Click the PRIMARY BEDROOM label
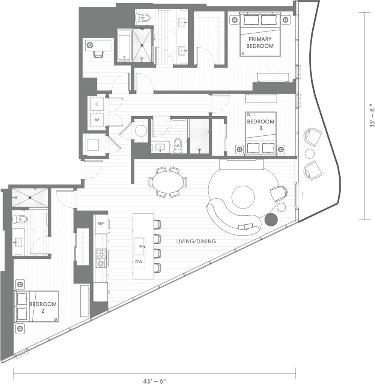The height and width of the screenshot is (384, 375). [x=260, y=42]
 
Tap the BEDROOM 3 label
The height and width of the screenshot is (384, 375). [x=261, y=124]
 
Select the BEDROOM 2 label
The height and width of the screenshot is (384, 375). [x=43, y=307]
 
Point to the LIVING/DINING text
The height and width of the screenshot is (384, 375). [x=196, y=241]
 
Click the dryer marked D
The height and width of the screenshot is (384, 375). [x=97, y=104]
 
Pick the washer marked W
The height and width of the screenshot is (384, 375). [x=97, y=120]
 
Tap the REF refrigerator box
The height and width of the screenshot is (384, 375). [x=101, y=223]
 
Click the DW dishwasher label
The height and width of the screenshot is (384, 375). [x=139, y=261]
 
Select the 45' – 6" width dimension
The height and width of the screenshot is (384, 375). [x=154, y=381]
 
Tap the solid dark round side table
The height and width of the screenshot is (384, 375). [x=271, y=219]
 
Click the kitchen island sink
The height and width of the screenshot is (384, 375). [x=140, y=246]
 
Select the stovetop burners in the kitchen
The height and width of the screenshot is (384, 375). [x=101, y=258]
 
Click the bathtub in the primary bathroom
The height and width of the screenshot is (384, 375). [x=124, y=45]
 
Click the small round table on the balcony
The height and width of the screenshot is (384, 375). [x=310, y=153]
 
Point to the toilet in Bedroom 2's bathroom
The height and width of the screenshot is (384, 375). [x=20, y=219]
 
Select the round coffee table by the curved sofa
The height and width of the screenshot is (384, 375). [x=243, y=197]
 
